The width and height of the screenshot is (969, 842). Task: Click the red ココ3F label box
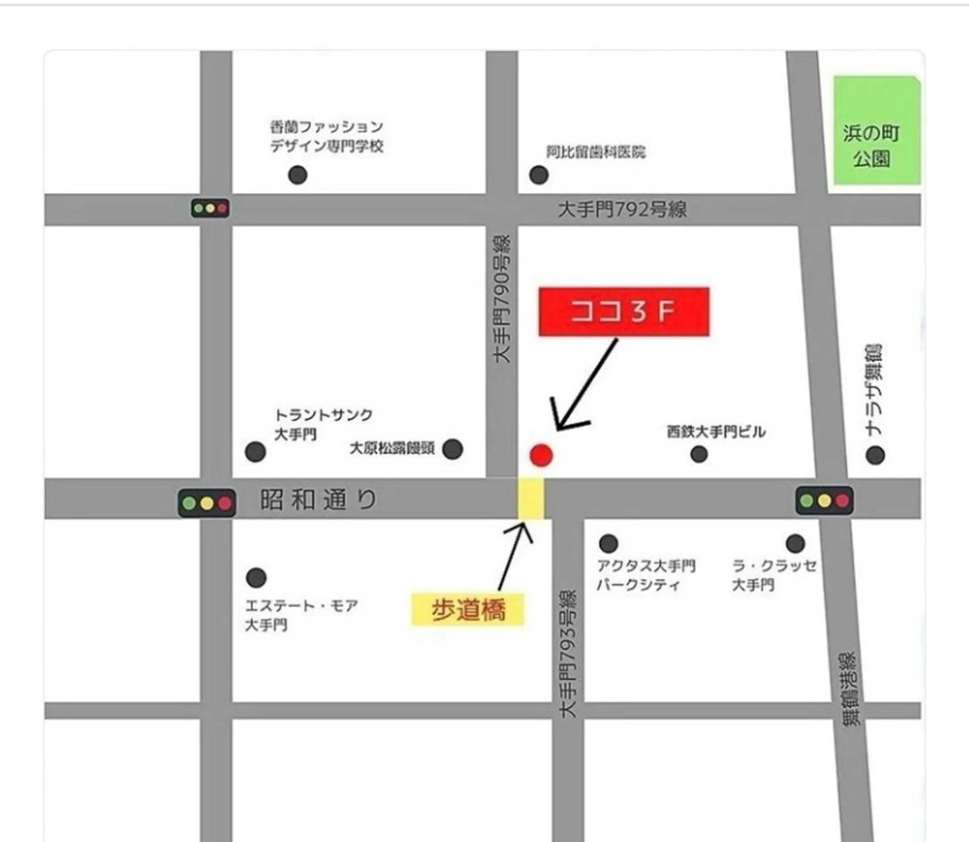coord(624,311)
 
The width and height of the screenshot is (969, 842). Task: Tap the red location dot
coord(541,455)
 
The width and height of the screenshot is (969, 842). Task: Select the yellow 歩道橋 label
coord(468,610)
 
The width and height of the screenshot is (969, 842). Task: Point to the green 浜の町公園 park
coord(876,131)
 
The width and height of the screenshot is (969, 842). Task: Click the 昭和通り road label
coord(318,499)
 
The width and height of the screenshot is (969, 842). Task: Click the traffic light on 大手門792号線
coord(210,208)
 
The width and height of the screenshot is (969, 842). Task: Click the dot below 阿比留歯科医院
coord(539,175)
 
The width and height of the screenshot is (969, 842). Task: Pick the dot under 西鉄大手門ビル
coord(699,454)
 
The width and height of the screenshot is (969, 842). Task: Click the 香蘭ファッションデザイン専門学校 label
coord(327,136)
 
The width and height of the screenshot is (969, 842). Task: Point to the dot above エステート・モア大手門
coord(256,577)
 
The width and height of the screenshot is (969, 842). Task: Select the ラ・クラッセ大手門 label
coord(774,575)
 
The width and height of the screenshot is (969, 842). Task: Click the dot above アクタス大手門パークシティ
coord(608,543)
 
